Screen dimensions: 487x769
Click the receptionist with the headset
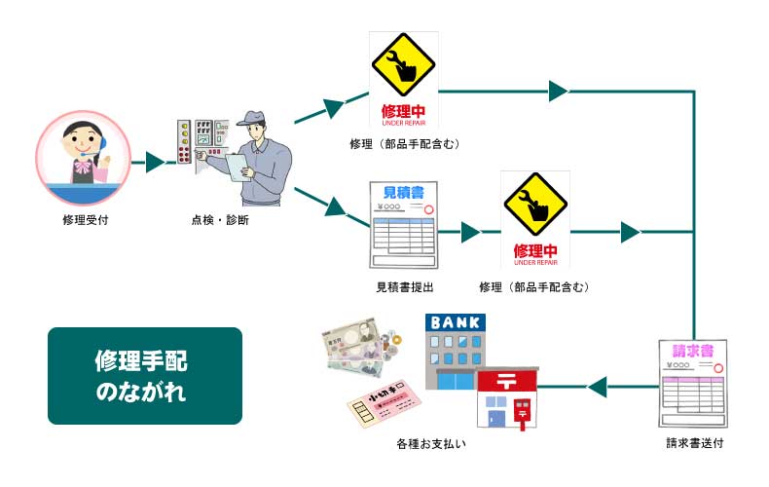(x=83, y=156)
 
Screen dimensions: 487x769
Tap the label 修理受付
(x=84, y=219)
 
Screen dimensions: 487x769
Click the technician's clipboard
(x=238, y=167)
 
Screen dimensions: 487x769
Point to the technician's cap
(x=256, y=120)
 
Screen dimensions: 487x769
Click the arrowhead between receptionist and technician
(x=154, y=163)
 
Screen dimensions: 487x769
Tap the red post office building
(x=508, y=398)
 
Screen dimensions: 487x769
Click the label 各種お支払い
(x=430, y=444)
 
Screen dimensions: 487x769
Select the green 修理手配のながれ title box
(x=144, y=375)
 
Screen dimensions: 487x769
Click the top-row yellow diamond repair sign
(x=403, y=67)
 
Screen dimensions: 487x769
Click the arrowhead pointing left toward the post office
(x=598, y=387)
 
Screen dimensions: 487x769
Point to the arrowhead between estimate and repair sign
(x=471, y=233)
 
